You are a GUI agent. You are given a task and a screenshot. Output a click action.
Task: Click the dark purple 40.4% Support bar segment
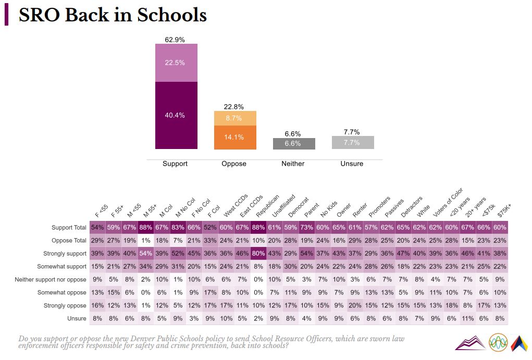click(x=176, y=115)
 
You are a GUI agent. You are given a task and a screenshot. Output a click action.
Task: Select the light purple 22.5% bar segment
click(x=176, y=63)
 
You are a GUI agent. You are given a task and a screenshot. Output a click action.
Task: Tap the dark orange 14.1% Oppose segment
click(x=235, y=138)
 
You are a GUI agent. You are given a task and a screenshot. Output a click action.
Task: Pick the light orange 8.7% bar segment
click(x=235, y=118)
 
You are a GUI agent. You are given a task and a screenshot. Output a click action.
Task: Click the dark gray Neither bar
click(x=294, y=144)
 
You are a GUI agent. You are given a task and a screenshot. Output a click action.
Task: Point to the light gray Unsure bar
click(x=353, y=142)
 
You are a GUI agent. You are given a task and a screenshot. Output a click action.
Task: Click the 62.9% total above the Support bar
click(x=175, y=40)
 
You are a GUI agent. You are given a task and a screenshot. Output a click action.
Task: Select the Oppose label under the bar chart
click(x=234, y=164)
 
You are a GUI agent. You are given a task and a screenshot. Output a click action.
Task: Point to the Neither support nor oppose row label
click(x=51, y=280)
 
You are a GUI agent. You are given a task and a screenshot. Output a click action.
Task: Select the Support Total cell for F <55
click(x=97, y=228)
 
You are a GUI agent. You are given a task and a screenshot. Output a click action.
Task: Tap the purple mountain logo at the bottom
click(x=469, y=342)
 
